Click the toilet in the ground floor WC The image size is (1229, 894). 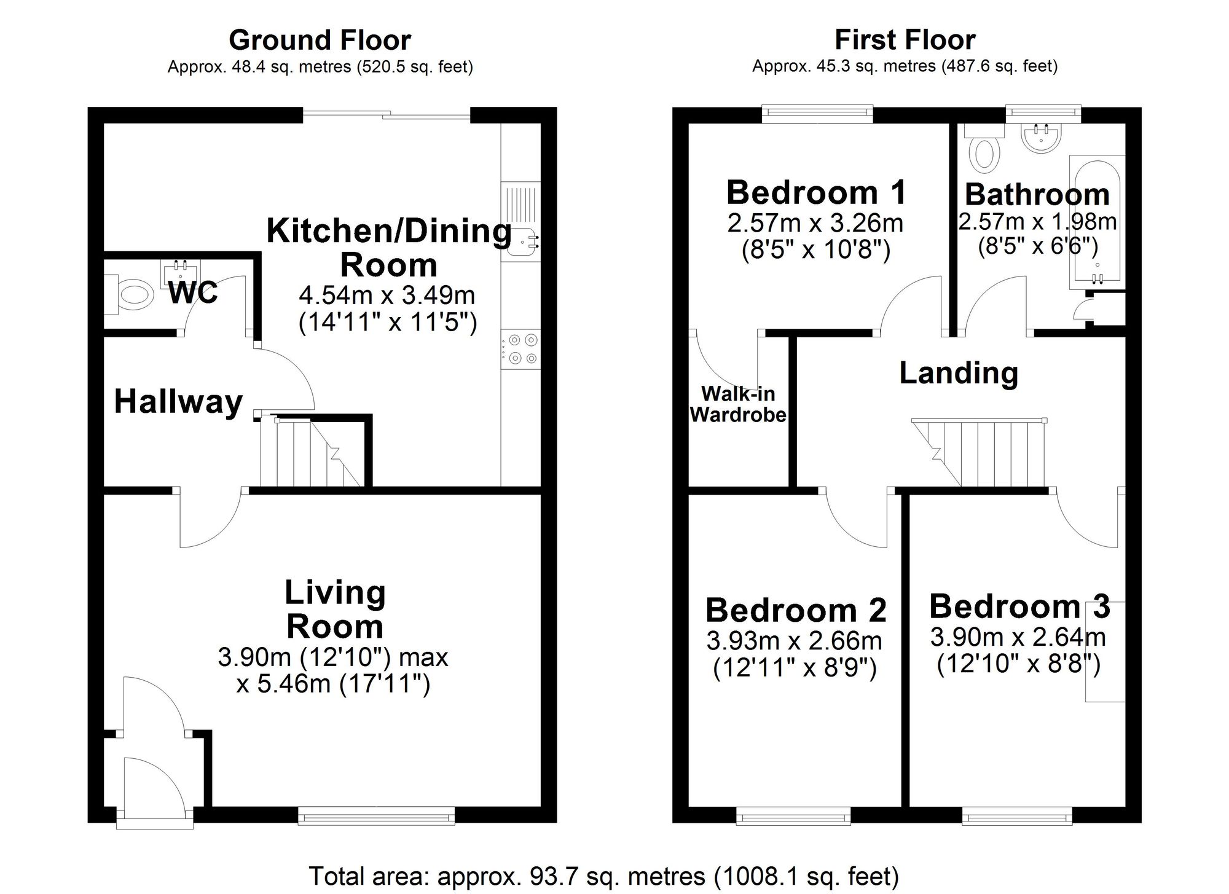click(130, 296)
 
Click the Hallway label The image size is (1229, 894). click(178, 402)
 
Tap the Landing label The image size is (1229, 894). click(959, 373)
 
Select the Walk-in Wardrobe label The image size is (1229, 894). click(738, 404)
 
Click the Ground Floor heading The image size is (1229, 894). click(320, 41)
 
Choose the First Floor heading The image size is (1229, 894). click(905, 40)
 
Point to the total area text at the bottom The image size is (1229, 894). click(604, 876)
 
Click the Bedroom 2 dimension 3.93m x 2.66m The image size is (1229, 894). click(794, 641)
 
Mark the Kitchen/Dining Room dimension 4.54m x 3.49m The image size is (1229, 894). click(387, 296)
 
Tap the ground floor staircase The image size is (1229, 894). click(310, 453)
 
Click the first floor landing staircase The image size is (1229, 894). click(978, 453)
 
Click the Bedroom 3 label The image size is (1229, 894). click(1019, 606)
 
